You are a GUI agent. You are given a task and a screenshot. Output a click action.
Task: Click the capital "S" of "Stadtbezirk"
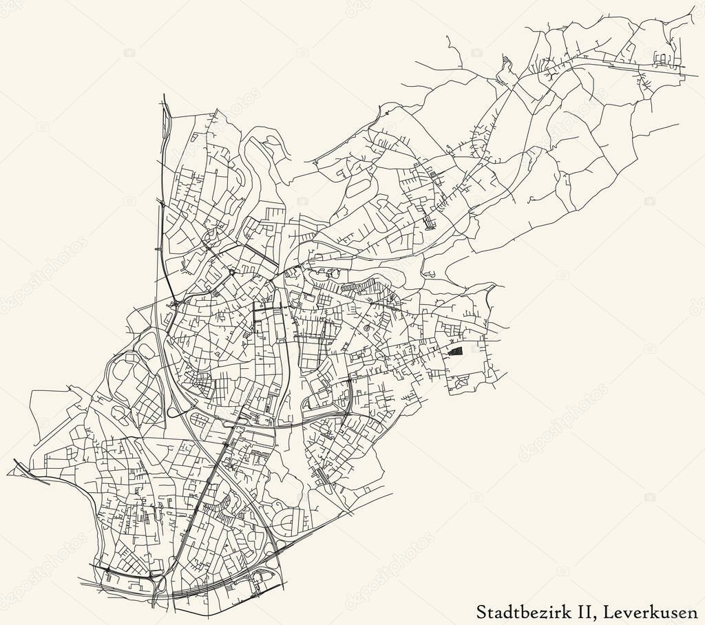pos(482,611)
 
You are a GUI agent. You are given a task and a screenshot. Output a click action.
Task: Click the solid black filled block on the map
pos(455,350)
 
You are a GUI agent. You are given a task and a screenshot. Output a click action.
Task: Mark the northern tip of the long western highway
pos(164,96)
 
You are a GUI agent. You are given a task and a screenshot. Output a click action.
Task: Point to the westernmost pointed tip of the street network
pos(8,474)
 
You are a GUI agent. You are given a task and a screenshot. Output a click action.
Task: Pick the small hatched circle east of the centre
pos(368,328)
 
